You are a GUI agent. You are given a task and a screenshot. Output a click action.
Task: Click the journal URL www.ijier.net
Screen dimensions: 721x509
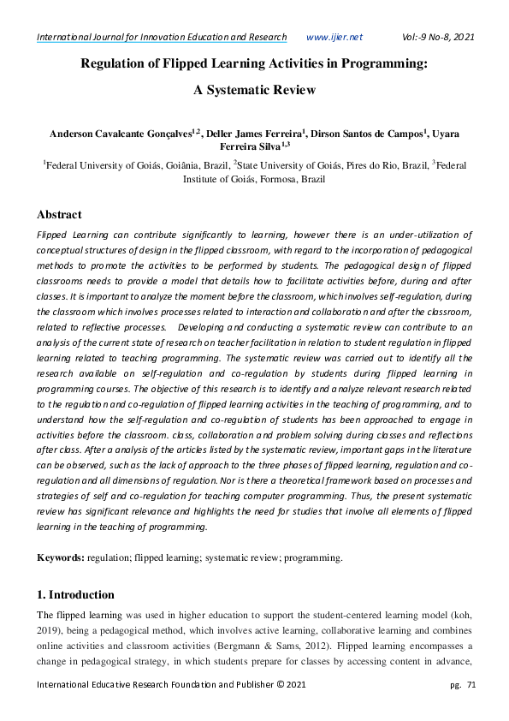(334, 37)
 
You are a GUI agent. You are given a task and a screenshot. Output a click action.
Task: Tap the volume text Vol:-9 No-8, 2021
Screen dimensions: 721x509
(437, 37)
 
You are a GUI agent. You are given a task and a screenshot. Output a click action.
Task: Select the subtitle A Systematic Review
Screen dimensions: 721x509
(254, 90)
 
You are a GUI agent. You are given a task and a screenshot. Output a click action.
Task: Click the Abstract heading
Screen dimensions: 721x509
(59, 215)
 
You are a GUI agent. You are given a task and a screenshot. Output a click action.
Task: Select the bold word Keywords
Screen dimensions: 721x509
(60, 558)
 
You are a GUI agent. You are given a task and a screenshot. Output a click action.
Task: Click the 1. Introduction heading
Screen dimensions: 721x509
(75, 594)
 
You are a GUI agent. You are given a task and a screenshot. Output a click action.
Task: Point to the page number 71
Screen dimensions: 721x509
(471, 685)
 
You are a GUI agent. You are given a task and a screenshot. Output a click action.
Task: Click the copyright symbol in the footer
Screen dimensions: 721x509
(276, 685)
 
